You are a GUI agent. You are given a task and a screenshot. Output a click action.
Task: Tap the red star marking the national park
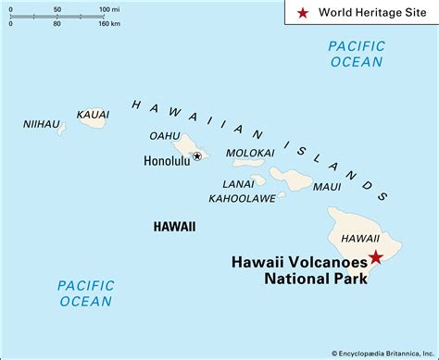tap(376, 257)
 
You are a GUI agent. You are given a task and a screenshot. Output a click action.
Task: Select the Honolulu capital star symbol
tap(196, 156)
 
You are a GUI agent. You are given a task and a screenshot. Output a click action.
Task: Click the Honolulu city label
tap(167, 160)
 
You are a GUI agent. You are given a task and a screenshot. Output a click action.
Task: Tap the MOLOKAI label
tap(251, 153)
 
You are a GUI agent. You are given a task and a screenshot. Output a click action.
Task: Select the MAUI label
tap(326, 187)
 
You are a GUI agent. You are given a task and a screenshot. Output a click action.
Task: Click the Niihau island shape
tap(61, 130)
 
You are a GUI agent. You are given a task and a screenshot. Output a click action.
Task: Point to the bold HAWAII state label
tap(173, 226)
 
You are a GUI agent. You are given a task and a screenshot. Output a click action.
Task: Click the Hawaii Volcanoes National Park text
tap(298, 269)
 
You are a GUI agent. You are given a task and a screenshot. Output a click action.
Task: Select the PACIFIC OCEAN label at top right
tap(355, 54)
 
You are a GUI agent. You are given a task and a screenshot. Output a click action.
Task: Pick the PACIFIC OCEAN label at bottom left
tap(84, 292)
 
